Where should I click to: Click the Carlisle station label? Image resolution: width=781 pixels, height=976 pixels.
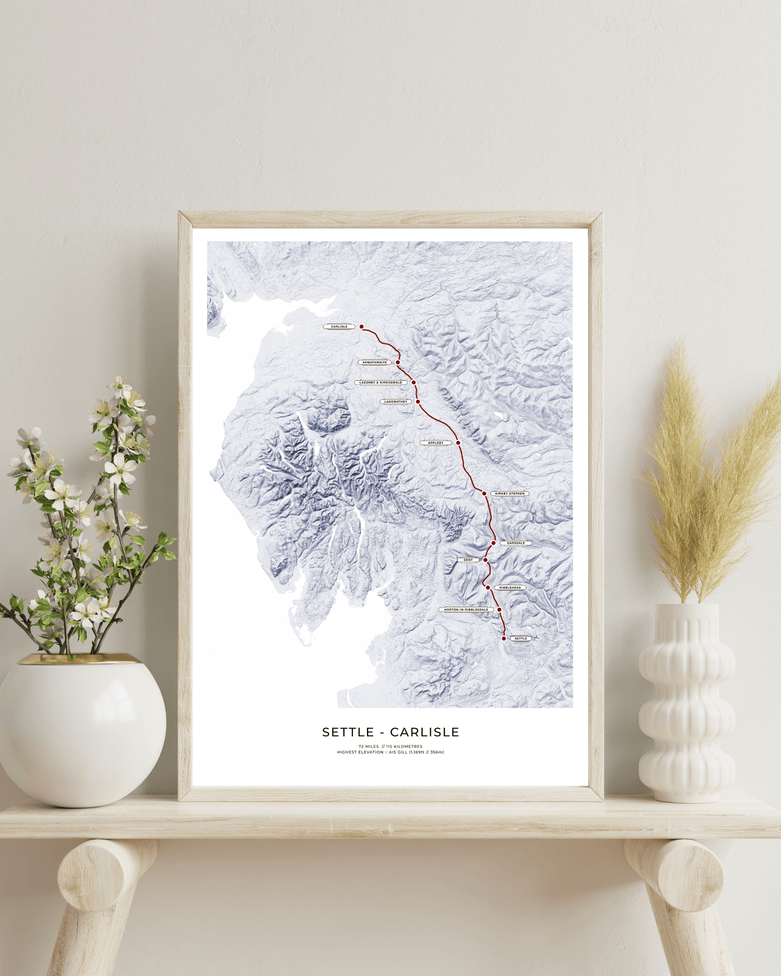tap(339, 326)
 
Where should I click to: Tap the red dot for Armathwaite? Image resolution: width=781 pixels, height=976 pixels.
tap(398, 363)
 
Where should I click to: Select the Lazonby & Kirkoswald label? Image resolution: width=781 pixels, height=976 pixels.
tap(381, 383)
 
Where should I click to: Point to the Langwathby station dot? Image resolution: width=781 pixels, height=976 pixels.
tap(418, 402)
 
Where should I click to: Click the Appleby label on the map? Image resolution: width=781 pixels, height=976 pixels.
tap(436, 443)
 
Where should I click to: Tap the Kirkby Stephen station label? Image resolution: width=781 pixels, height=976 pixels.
tap(510, 493)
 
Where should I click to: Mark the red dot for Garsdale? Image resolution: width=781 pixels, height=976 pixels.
tap(493, 543)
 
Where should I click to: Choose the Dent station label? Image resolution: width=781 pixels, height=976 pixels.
tap(468, 560)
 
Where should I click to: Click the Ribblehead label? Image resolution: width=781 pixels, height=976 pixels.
tap(510, 587)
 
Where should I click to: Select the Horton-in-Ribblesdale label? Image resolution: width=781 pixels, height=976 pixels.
tap(466, 610)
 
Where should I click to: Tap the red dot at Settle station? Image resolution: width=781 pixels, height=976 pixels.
tap(504, 638)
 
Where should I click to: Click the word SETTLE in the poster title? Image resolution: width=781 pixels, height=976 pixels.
tap(348, 732)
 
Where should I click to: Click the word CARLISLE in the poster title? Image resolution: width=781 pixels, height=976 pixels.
tap(424, 732)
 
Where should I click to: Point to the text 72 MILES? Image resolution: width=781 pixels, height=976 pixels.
tap(369, 746)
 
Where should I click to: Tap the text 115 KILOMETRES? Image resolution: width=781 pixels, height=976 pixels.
tap(404, 746)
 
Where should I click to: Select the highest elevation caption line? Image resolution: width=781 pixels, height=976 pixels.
tap(390, 752)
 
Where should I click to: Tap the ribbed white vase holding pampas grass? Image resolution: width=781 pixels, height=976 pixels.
tap(686, 703)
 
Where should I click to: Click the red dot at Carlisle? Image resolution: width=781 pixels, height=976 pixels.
tap(362, 326)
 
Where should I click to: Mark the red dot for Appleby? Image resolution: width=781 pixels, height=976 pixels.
tap(458, 443)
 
